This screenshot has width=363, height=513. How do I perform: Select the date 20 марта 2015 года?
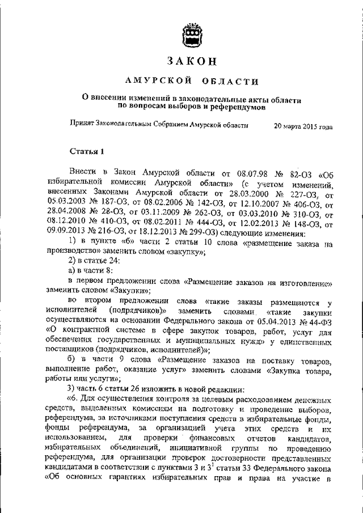[x=303, y=127]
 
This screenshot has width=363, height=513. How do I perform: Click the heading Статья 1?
[x=86, y=151]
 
